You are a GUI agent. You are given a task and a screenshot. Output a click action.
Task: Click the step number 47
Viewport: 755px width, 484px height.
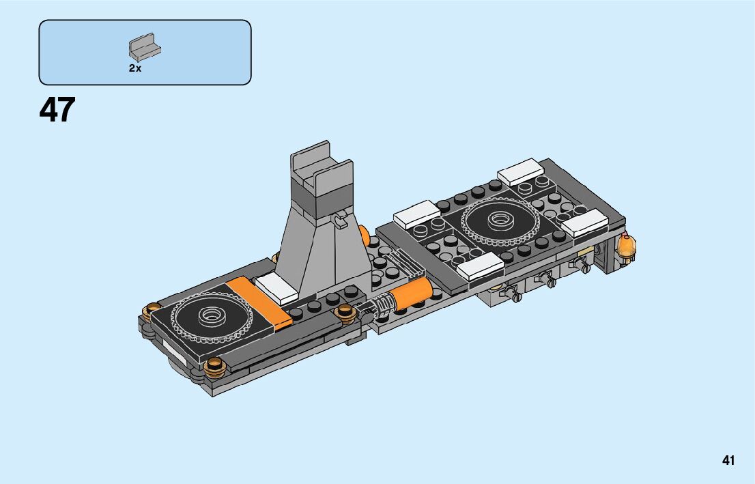coord(57,110)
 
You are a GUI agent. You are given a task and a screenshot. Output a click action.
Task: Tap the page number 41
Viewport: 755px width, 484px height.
coord(728,460)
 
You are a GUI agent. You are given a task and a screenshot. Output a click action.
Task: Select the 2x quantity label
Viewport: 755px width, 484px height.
coord(135,68)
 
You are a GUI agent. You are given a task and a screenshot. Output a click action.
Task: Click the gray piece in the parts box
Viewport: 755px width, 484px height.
coord(145,47)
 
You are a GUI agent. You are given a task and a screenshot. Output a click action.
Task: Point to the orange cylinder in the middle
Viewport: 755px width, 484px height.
coord(410,294)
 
